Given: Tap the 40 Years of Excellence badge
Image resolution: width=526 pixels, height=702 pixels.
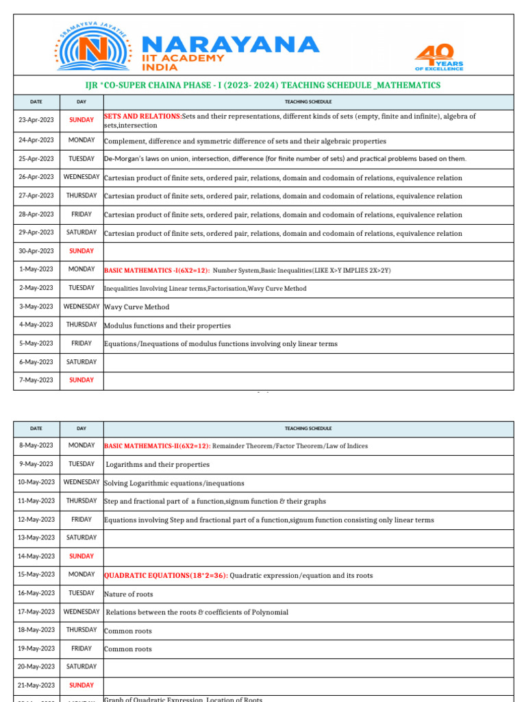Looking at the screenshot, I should coord(439,58).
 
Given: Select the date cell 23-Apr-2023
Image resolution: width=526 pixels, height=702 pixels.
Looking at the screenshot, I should coord(36,120).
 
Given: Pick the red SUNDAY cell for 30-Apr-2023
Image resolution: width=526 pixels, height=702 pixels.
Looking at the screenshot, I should coord(82,251).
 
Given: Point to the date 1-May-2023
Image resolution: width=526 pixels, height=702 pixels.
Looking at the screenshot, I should coord(36,269).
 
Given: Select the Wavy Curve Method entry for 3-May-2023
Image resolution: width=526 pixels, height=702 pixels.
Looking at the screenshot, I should coord(136,307).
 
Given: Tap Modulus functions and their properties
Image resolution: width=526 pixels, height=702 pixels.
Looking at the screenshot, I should coord(167,326).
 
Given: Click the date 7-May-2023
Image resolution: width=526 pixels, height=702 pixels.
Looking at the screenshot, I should coord(36,380).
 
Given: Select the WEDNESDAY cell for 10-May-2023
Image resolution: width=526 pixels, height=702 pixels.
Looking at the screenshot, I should coord(82,483).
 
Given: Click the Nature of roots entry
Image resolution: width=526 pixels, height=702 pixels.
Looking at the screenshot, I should coord(129,594).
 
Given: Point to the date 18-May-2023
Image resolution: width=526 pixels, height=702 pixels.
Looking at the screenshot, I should coord(36,630).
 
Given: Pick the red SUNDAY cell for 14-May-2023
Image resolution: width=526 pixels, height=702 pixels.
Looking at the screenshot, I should coord(82,556).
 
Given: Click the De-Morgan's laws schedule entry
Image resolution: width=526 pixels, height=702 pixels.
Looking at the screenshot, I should coord(285,159).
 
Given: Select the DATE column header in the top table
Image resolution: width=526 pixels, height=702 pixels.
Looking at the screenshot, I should coord(36,102).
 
